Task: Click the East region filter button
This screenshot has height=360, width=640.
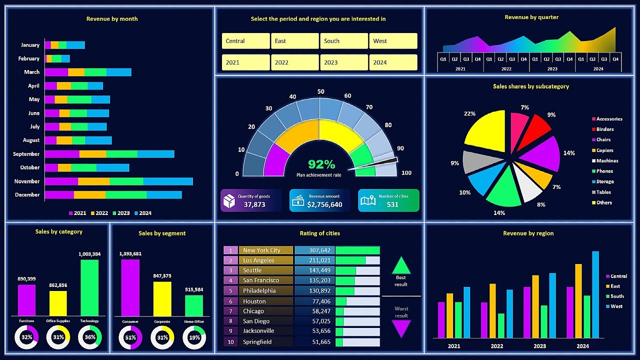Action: pos(294,41)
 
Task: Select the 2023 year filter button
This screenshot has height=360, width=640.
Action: pos(343,62)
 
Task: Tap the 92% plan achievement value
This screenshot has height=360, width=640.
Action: pos(321,164)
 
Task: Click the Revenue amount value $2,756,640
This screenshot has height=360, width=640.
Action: pos(324,204)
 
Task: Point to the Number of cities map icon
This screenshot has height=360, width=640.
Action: pos(368,200)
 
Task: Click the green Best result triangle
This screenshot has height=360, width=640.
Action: pos(401,265)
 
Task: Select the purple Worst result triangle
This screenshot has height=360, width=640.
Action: pos(401,328)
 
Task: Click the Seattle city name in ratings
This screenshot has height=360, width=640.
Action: pos(252,270)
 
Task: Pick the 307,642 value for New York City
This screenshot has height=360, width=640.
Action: pos(314,250)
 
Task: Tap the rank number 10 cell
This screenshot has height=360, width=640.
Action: pos(230,342)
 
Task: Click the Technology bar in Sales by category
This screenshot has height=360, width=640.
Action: pos(89,287)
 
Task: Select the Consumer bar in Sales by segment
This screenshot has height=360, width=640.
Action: pos(130,287)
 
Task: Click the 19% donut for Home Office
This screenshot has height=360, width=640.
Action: pos(194,338)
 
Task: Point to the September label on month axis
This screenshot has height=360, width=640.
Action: pos(26,154)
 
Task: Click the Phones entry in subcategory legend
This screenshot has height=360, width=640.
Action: pos(604,171)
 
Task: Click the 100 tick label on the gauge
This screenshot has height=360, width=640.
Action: pos(406,173)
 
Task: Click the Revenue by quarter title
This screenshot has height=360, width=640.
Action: pos(531,17)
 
